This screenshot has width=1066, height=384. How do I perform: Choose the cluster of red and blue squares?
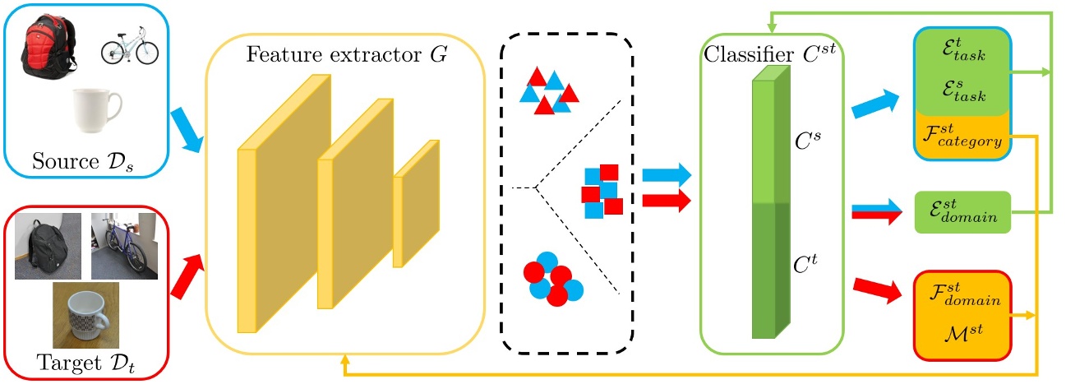[x=601, y=192]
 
